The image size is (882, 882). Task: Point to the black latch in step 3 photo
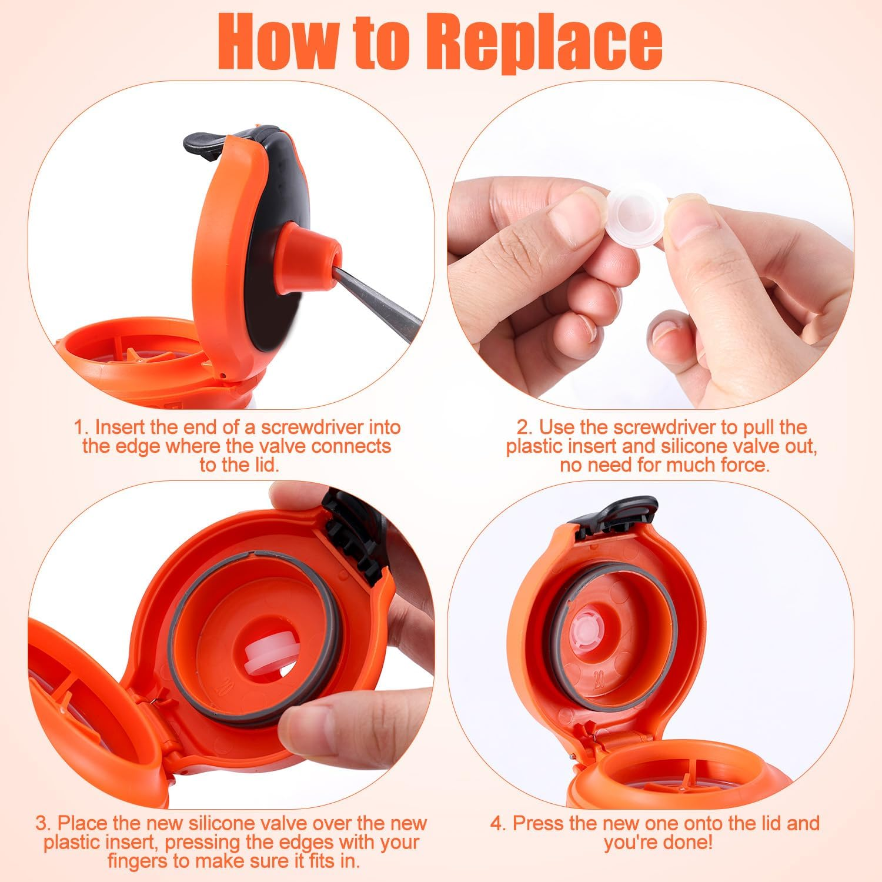353,532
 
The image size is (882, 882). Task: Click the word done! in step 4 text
686,842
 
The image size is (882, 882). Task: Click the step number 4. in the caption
499,823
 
